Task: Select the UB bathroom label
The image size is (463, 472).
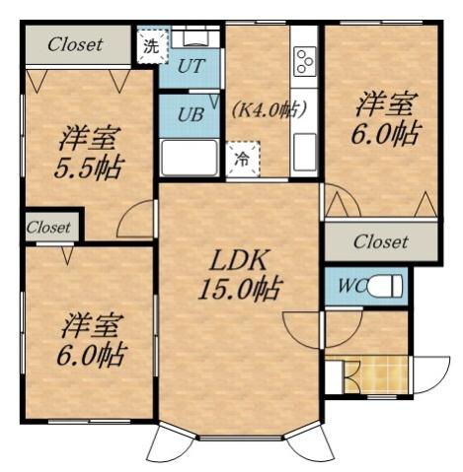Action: [191, 112]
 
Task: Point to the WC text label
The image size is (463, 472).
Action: [350, 287]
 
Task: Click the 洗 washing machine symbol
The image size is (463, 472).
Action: [150, 45]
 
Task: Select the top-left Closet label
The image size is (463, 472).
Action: [75, 44]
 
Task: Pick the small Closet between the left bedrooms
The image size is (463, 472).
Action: [48, 228]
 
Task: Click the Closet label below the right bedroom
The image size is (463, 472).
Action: [380, 241]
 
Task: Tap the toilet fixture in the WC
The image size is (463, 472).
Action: [385, 287]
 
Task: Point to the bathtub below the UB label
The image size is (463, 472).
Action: [191, 158]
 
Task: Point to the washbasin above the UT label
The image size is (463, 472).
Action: [193, 39]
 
